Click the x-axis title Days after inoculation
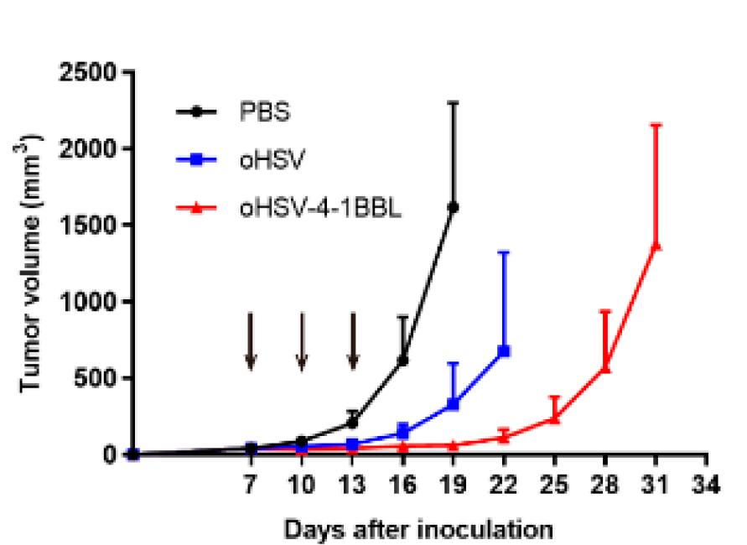pos(418,529)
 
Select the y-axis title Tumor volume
pos(31,264)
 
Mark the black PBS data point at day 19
pos(453,206)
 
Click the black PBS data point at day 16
pos(402,361)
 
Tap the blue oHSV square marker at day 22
pos(504,350)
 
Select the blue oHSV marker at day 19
pos(453,404)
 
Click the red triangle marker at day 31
pos(656,246)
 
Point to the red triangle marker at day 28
pos(605,367)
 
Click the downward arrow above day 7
pos(250,340)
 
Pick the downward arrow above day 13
pos(352,340)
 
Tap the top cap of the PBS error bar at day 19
pos(453,102)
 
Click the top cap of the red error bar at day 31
pos(656,125)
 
